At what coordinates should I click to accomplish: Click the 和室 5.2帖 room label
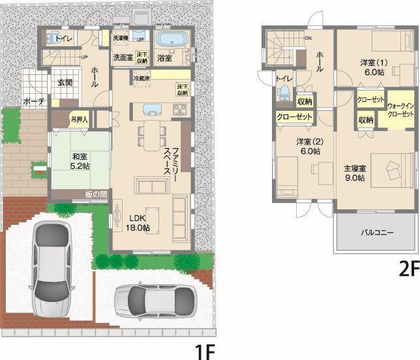click(x=80, y=160)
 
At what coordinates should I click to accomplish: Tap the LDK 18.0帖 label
click(x=138, y=222)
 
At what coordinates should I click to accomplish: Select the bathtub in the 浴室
click(x=173, y=40)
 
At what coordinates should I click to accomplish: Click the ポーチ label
click(x=33, y=102)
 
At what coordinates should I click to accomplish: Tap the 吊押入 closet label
click(x=80, y=119)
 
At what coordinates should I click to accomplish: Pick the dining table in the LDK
click(x=151, y=134)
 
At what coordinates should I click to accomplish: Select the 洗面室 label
click(x=123, y=57)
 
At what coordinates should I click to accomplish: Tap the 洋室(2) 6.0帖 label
click(x=308, y=145)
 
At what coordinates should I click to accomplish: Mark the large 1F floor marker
click(x=204, y=351)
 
